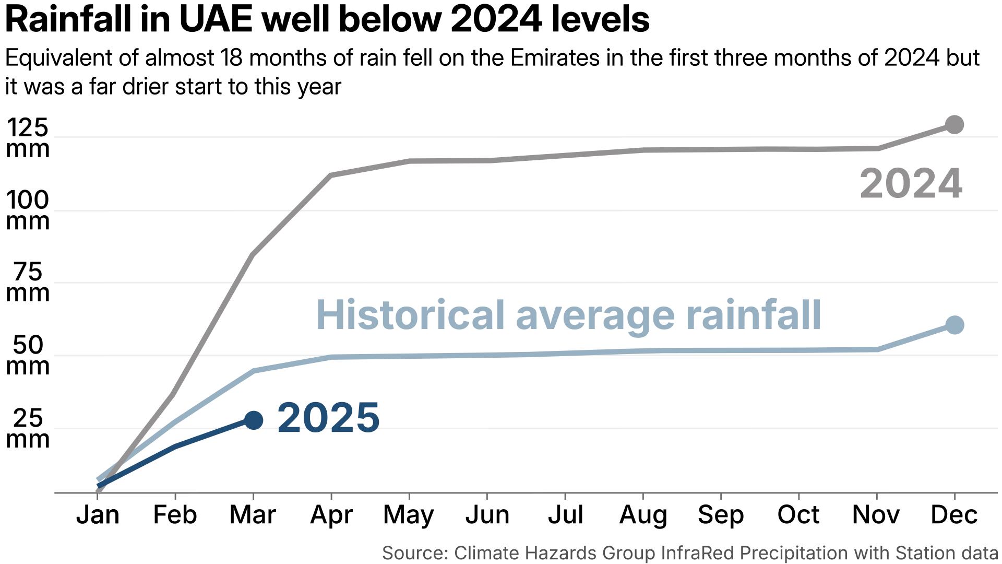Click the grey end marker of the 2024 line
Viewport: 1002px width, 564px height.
click(954, 125)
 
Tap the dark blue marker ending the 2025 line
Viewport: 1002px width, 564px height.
click(254, 420)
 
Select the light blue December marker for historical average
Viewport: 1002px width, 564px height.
click(954, 325)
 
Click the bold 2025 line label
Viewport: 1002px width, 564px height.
click(328, 418)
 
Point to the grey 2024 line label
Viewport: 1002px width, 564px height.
click(911, 184)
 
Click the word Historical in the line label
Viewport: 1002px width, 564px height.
click(410, 315)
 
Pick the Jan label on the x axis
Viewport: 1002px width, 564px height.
click(98, 515)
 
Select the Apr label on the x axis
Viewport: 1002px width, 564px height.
click(331, 515)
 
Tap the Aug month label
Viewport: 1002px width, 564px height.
click(643, 515)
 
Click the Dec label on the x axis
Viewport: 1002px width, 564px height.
click(954, 515)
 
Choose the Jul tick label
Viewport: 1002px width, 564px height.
click(565, 515)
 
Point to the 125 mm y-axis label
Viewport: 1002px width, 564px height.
click(27, 138)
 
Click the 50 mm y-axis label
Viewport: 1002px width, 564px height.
click(27, 356)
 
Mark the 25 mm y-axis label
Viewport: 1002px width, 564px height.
click(27, 428)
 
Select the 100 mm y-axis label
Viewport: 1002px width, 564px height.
click(27, 210)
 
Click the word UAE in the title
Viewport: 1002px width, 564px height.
click(216, 20)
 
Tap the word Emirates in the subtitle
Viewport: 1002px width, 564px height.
click(555, 58)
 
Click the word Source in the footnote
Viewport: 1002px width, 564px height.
click(415, 553)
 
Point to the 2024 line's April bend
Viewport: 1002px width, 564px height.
click(331, 175)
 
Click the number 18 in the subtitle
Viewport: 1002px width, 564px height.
click(232, 58)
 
